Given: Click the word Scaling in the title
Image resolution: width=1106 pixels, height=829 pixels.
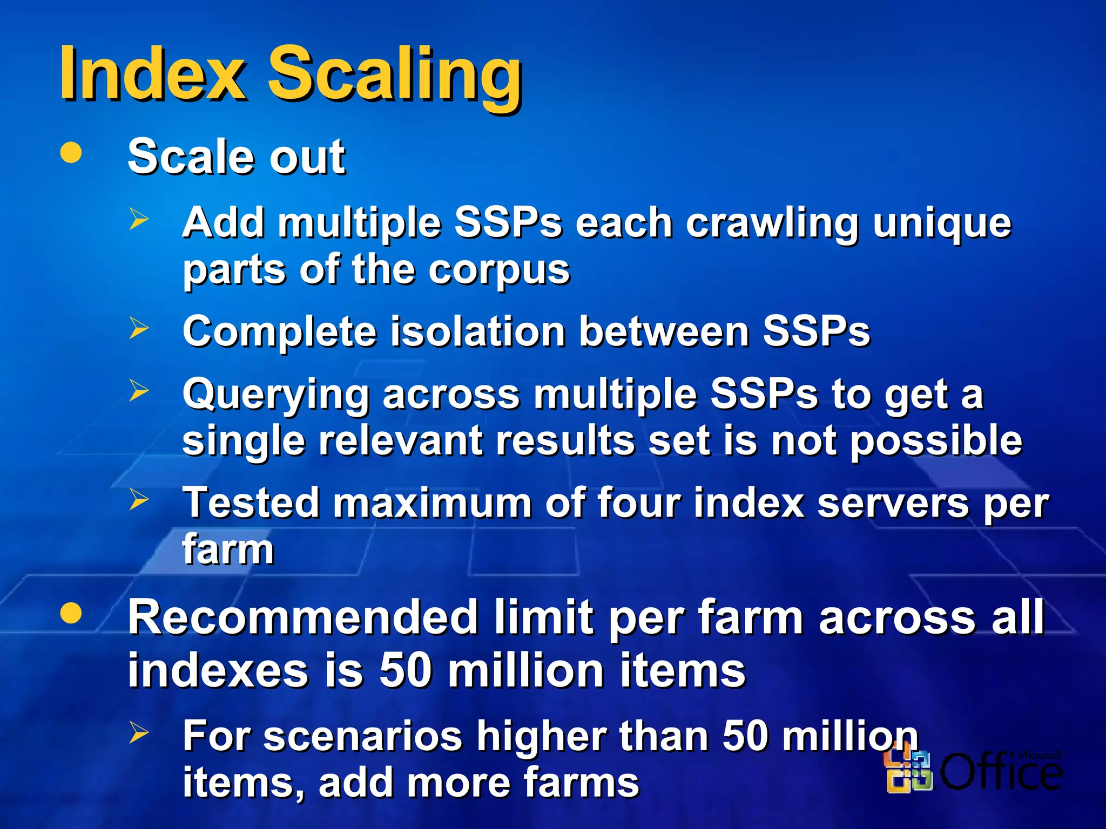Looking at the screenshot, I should coord(395,76).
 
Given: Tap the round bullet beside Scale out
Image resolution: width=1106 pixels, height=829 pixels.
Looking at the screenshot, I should coord(71,152).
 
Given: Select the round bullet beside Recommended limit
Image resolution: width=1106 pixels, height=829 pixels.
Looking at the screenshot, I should coord(71,613).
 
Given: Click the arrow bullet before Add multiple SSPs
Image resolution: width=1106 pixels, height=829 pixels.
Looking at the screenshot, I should coord(139,220).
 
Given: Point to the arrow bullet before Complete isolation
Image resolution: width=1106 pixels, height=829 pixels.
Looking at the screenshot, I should coord(139,328).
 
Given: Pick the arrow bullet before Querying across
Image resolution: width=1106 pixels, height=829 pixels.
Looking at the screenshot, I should coord(139,390).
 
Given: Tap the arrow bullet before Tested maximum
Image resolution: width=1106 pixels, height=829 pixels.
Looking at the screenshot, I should coord(139,500).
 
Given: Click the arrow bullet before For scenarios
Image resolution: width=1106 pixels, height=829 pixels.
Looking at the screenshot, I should coord(139,732).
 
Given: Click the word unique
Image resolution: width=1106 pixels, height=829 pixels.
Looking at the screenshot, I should coord(942,223).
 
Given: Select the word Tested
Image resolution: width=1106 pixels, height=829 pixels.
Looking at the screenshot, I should coord(251,503).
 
